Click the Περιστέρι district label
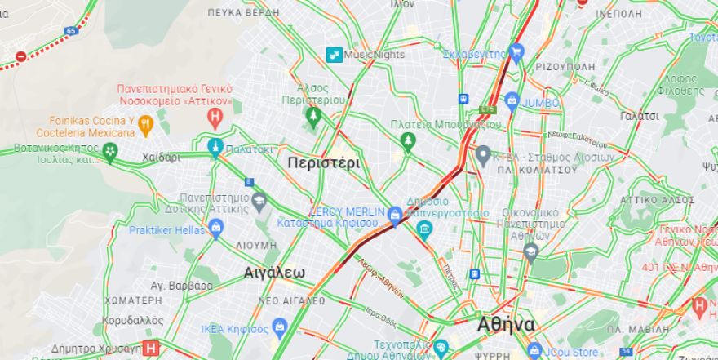click(x=323, y=162)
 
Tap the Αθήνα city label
click(x=506, y=325)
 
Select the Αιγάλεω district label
click(x=274, y=273)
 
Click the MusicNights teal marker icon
click(x=334, y=55)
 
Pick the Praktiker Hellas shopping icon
click(x=215, y=229)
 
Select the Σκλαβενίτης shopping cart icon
click(x=516, y=54)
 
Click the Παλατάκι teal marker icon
click(x=215, y=149)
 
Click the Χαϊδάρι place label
click(x=161, y=158)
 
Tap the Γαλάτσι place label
click(x=639, y=116)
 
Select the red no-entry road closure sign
click(x=20, y=56)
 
